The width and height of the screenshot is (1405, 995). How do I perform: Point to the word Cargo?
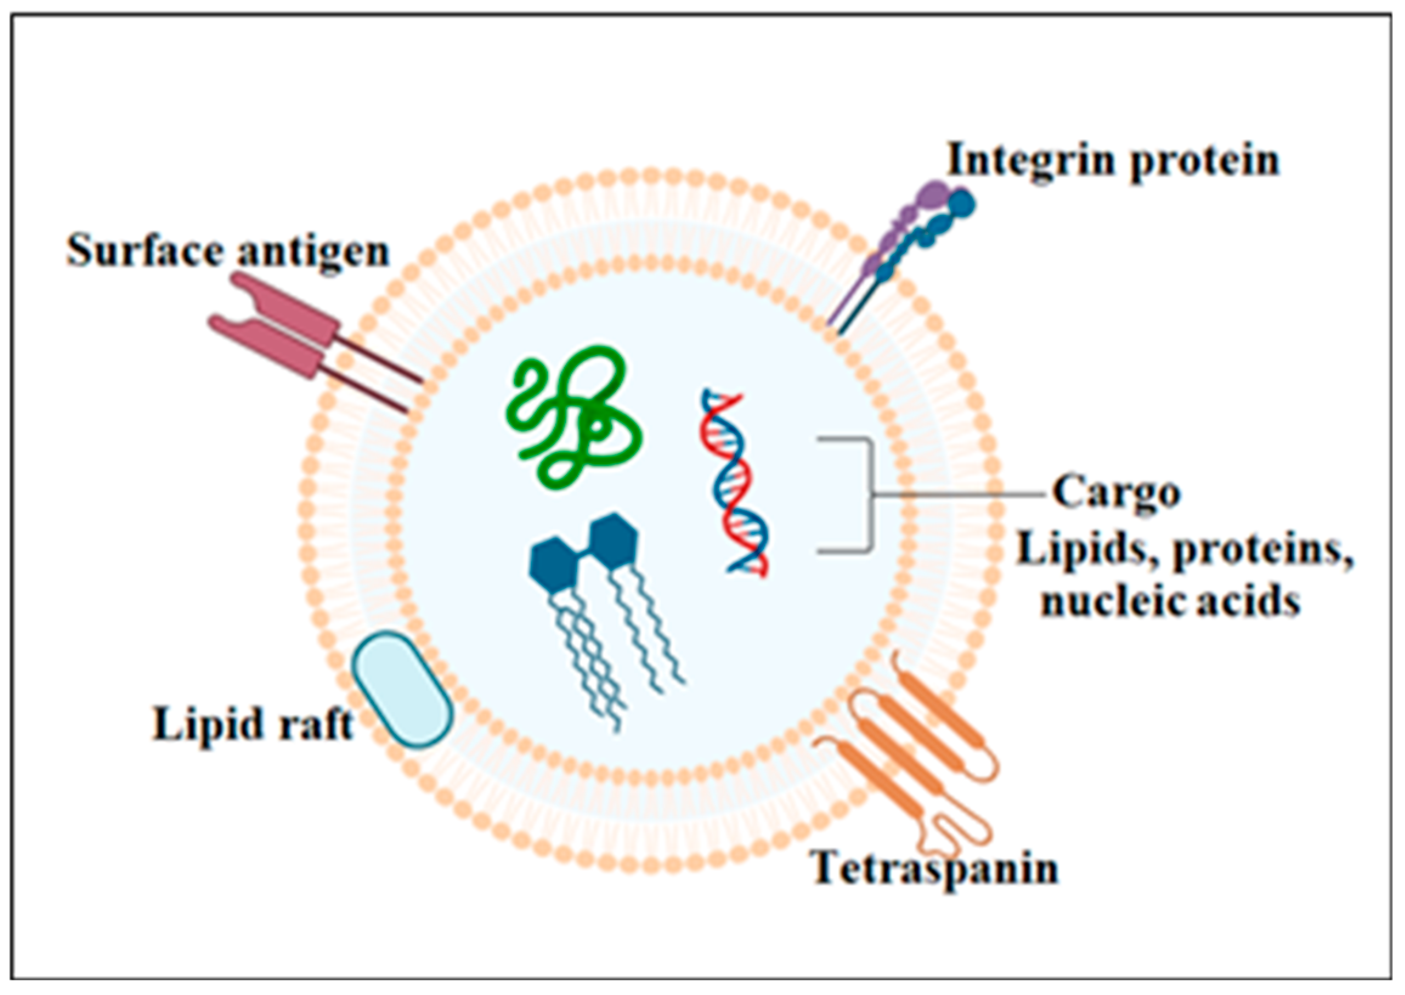1116,493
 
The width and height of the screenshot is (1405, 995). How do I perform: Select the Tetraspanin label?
935,868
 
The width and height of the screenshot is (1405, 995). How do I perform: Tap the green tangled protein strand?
573,417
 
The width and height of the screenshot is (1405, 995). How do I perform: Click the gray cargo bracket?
870,494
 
